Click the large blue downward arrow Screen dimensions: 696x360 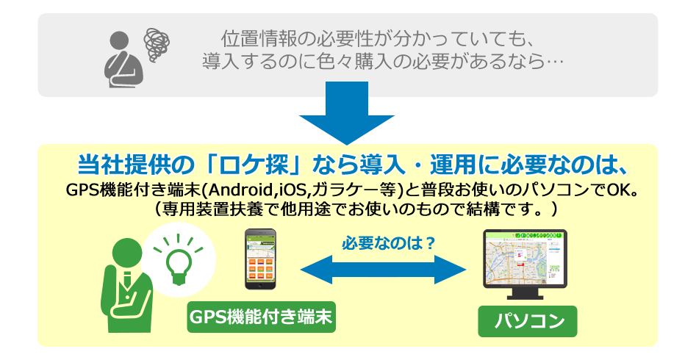click(347, 113)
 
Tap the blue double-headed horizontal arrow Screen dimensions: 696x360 click(383, 270)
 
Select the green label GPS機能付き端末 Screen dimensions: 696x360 click(261, 317)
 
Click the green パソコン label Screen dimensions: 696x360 click(527, 321)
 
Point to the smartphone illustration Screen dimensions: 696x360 click(261, 259)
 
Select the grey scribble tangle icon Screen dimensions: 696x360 click(157, 43)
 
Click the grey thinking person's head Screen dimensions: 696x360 click(119, 40)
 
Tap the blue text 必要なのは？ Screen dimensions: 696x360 click(388, 243)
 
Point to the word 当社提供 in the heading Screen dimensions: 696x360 click(115, 165)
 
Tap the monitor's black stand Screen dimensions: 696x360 click(525, 293)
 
